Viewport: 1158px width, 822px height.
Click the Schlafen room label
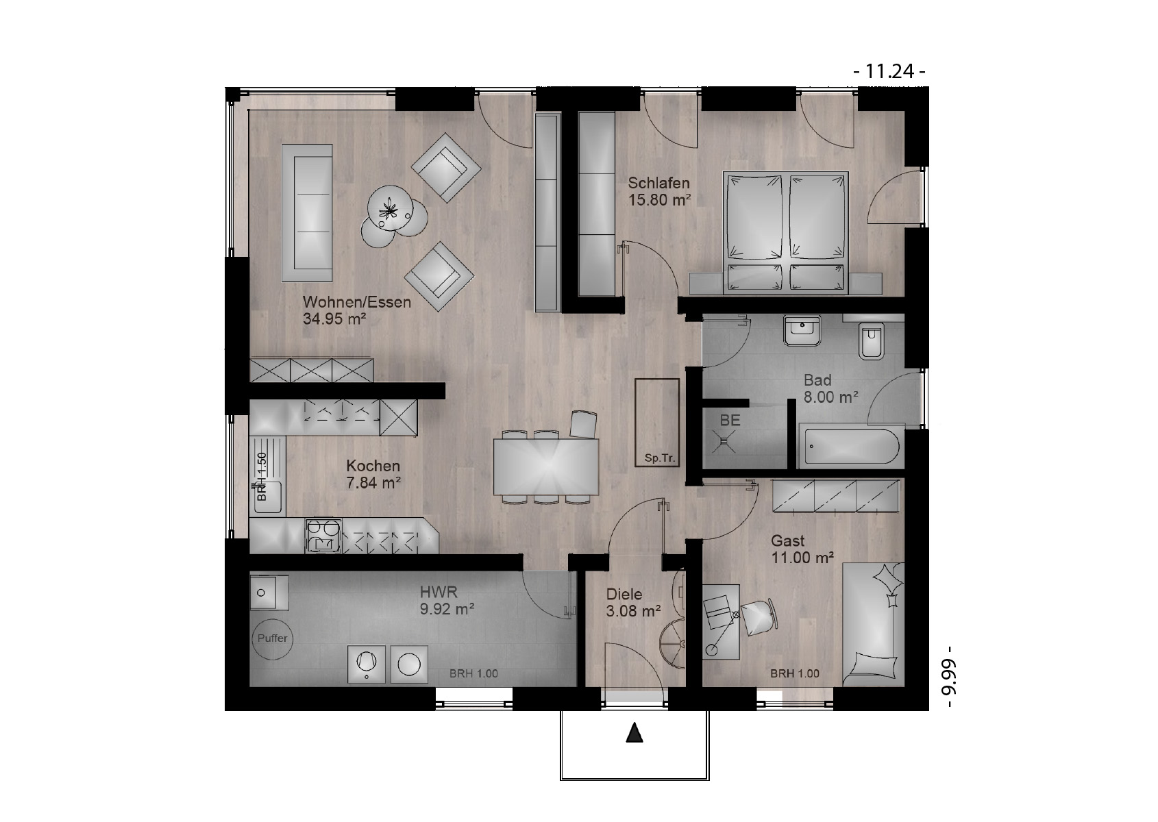click(x=658, y=183)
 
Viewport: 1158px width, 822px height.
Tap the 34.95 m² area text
click(x=334, y=319)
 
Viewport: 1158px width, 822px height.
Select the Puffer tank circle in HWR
click(x=273, y=638)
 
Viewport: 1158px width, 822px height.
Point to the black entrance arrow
click(x=635, y=733)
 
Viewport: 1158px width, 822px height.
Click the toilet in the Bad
click(x=871, y=340)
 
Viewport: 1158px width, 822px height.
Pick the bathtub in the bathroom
click(x=851, y=446)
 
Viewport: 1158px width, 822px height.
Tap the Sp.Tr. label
click(x=660, y=458)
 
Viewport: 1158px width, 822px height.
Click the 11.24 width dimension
click(x=889, y=71)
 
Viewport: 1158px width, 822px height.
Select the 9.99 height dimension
click(x=950, y=677)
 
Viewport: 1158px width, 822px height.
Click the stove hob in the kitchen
click(x=323, y=536)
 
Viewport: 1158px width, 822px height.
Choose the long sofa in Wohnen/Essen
click(x=306, y=213)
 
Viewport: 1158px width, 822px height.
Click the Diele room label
click(x=624, y=594)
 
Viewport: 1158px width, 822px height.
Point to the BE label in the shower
click(x=730, y=421)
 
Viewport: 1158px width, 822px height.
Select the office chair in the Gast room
click(x=759, y=617)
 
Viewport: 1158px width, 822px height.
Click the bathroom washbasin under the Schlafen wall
click(x=802, y=331)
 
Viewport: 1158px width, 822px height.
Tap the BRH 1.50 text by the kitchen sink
click(x=262, y=476)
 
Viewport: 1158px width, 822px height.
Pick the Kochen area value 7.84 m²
click(x=373, y=482)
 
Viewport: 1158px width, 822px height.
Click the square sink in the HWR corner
click(x=269, y=593)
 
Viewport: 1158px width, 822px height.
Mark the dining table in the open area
click(x=546, y=466)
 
